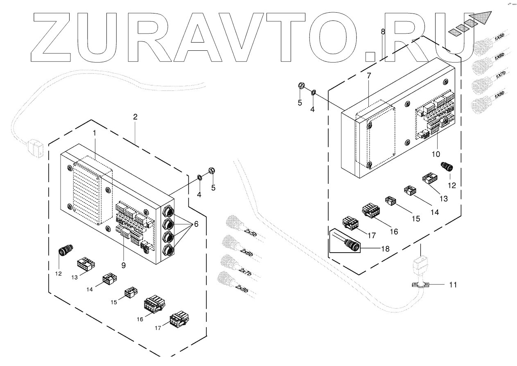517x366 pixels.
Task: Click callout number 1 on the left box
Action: tap(94, 133)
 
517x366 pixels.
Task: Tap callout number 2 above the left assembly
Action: tap(135, 117)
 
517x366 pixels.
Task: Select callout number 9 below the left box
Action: tap(123, 265)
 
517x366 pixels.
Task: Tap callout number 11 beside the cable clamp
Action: tap(452, 284)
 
